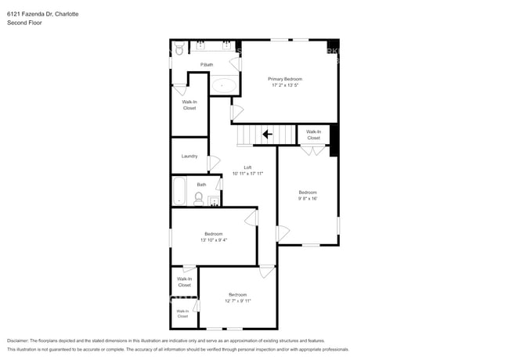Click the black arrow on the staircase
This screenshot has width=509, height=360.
click(x=267, y=134)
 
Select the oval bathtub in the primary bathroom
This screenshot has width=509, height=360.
click(x=226, y=85)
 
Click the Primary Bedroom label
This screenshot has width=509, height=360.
click(x=285, y=79)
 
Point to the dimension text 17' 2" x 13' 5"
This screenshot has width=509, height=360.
click(x=285, y=85)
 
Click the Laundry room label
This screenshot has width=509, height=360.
click(x=190, y=156)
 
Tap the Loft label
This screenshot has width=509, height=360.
click(x=247, y=167)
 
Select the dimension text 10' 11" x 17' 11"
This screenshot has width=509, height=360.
click(x=247, y=174)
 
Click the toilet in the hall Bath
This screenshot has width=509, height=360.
click(x=199, y=198)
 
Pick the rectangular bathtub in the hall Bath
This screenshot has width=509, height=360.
click(x=179, y=191)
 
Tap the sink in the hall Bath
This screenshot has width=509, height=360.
click(x=214, y=200)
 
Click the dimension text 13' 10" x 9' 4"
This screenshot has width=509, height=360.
click(x=215, y=240)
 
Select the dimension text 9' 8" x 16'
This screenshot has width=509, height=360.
click(x=307, y=199)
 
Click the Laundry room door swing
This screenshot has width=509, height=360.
click(x=213, y=164)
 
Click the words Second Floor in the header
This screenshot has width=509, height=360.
click(x=24, y=23)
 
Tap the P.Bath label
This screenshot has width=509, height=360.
click(x=207, y=64)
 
